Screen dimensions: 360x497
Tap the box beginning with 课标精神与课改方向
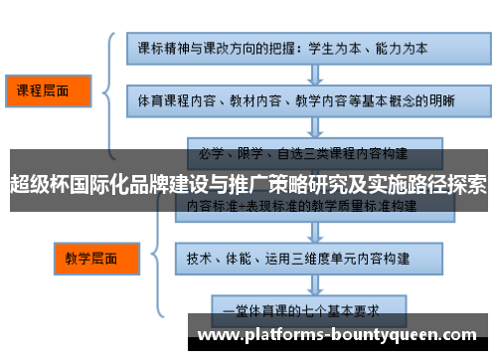coord(298,47)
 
